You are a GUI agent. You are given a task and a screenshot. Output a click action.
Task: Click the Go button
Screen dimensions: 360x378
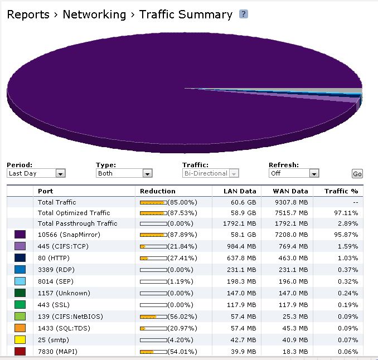(x=357, y=174)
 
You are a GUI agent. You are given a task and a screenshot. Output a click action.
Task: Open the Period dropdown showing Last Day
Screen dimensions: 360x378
(x=36, y=173)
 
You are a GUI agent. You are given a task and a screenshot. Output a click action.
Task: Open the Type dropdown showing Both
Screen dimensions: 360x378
(x=124, y=173)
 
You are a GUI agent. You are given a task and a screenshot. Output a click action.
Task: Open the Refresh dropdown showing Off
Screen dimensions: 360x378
(x=294, y=173)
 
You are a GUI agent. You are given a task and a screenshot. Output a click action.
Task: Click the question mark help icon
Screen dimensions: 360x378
(x=244, y=14)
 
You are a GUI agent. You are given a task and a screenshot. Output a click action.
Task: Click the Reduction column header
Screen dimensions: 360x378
(x=158, y=191)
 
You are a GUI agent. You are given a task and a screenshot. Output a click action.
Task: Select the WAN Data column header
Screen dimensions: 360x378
(x=290, y=191)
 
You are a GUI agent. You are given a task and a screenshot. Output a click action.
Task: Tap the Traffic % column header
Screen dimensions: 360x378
(x=341, y=191)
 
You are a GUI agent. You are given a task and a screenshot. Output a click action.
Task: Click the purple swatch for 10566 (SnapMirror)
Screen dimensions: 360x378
(x=20, y=234)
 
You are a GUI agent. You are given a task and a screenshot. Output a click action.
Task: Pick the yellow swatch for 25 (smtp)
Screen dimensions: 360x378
(x=20, y=340)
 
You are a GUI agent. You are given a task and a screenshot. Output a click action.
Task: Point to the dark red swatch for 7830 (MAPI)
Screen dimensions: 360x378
(x=20, y=351)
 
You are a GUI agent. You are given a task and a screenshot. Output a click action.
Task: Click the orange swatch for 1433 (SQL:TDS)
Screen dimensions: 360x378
(x=20, y=328)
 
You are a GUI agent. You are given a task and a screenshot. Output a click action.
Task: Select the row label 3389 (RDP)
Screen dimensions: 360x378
(x=57, y=270)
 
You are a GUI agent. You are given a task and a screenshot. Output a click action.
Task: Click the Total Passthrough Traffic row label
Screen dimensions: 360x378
(x=77, y=223)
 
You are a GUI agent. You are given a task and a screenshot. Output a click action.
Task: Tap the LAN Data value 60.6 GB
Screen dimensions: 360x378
(x=243, y=202)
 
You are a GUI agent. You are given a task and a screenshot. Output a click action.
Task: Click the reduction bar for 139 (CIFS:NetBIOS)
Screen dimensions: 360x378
(x=153, y=317)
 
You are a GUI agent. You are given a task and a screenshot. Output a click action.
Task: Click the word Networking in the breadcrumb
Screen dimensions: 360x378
(x=94, y=15)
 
